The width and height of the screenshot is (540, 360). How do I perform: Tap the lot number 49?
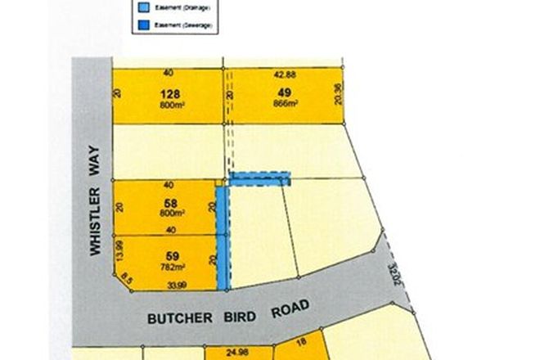click(284, 92)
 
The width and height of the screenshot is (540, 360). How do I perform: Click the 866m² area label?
click(284, 104)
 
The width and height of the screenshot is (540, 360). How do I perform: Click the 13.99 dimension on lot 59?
click(119, 252)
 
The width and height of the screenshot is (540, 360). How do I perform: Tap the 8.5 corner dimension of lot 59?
click(124, 278)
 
